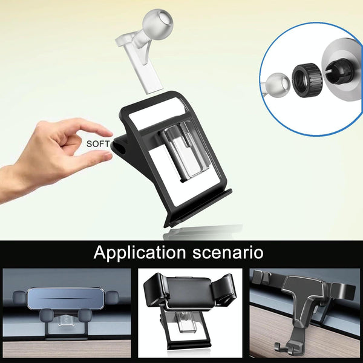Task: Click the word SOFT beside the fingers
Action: coord(97,144)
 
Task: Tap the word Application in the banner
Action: coord(140,253)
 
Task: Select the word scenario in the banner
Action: coord(228,252)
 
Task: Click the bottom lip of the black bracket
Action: coord(198,208)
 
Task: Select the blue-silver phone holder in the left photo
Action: coord(65,299)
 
